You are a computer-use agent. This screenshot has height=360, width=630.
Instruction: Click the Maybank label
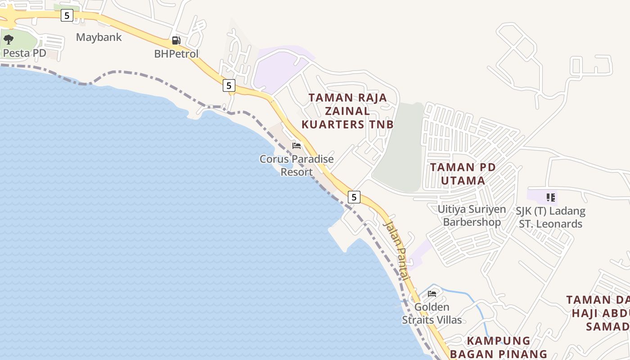tap(99, 37)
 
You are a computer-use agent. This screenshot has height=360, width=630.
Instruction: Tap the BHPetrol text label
tap(176, 54)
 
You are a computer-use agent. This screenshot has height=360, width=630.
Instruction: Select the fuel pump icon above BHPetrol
tap(176, 40)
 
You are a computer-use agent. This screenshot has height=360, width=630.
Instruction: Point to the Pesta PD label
tap(25, 53)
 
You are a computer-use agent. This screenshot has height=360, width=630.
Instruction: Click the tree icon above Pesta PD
tap(8, 40)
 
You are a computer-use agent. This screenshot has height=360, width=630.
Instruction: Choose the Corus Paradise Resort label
tap(297, 165)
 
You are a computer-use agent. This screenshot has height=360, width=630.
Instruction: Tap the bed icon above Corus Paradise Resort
tap(297, 145)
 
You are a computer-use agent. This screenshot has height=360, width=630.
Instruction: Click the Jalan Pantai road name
tap(396, 250)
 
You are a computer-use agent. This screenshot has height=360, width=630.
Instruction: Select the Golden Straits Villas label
tap(432, 313)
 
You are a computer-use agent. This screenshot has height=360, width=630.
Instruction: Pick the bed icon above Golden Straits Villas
tap(432, 294)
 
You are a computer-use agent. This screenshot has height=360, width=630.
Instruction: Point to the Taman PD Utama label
tap(463, 174)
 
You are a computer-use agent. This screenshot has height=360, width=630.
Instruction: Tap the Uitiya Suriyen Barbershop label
tap(472, 216)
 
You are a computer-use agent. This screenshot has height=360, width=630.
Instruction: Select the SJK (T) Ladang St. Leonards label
tap(552, 217)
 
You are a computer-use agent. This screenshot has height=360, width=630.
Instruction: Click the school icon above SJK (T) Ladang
tap(550, 197)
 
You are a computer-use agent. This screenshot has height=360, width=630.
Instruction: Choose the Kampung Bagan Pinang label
tap(499, 347)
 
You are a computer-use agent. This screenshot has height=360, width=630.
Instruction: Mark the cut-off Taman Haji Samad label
tap(598, 313)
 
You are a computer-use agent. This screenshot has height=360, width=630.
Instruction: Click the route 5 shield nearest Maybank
tap(67, 15)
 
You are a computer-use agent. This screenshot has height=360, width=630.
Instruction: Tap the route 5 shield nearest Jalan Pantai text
tap(354, 197)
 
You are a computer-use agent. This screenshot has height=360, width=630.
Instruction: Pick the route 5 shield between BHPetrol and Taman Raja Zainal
tap(229, 85)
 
